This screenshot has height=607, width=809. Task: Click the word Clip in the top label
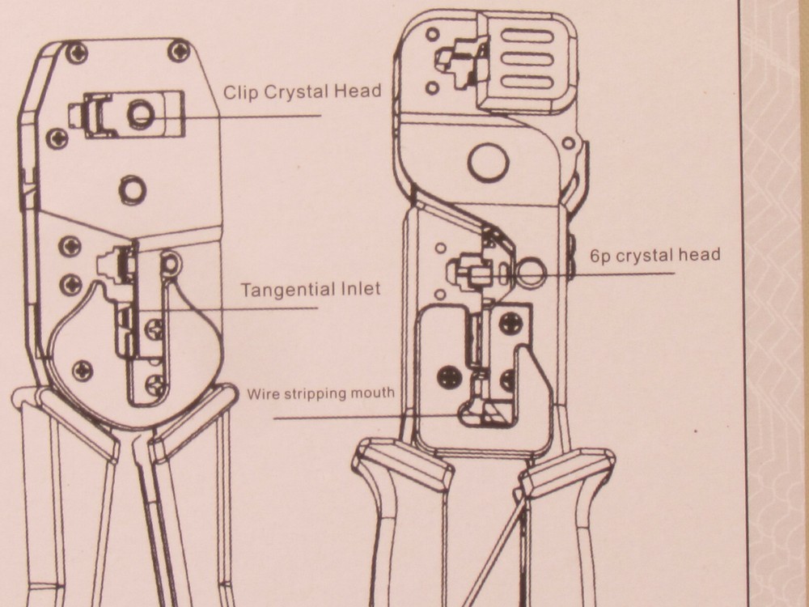(239, 92)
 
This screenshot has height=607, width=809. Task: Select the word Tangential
(288, 290)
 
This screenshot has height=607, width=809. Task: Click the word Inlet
(361, 288)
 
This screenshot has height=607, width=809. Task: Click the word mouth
(372, 393)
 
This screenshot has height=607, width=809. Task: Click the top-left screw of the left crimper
(77, 53)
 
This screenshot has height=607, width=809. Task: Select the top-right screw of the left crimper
(179, 50)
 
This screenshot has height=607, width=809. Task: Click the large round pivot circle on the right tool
(488, 162)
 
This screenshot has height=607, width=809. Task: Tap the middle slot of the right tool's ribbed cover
(527, 58)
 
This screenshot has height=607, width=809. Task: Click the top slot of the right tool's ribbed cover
(527, 36)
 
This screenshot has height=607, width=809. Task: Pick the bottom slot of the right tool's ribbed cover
(527, 82)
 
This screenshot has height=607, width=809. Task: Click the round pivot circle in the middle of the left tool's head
(133, 189)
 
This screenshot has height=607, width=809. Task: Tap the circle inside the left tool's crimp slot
(141, 113)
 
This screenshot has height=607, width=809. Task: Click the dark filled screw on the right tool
(449, 377)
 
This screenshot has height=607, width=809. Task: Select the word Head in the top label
(358, 91)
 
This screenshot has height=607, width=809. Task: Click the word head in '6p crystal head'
(700, 254)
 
